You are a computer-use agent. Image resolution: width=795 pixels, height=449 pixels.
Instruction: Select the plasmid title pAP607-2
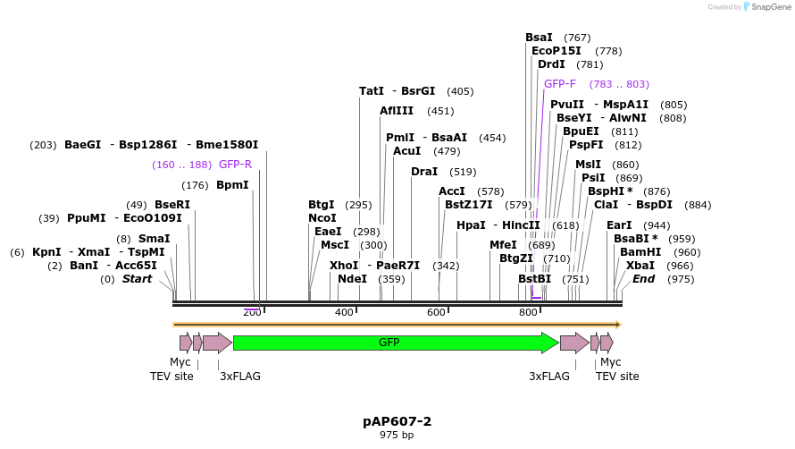click(x=397, y=420)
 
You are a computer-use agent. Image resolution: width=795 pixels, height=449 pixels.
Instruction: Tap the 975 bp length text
click(x=397, y=436)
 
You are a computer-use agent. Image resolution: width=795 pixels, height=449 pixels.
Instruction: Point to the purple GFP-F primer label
click(x=560, y=84)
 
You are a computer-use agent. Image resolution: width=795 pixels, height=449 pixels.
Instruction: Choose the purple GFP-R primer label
click(x=235, y=165)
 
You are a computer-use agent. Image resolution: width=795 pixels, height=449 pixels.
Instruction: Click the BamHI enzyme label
click(x=640, y=252)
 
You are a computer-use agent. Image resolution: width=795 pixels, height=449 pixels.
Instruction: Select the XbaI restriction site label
click(x=640, y=266)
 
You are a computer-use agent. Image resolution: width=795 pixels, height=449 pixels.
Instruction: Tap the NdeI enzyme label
click(x=352, y=279)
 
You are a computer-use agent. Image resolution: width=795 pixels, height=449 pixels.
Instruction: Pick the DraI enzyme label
click(x=425, y=172)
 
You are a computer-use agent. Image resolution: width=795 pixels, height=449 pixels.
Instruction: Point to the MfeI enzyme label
click(x=503, y=245)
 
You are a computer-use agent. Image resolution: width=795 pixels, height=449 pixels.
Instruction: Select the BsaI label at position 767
click(x=539, y=38)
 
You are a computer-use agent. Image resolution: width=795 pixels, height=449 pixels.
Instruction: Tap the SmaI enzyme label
click(x=155, y=239)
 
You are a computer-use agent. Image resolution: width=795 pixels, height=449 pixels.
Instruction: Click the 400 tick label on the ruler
click(x=344, y=312)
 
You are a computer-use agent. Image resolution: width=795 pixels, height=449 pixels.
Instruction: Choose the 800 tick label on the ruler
click(x=528, y=312)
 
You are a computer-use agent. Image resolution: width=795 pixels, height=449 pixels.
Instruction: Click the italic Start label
click(x=137, y=279)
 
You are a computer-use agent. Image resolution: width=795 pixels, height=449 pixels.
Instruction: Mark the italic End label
click(x=643, y=279)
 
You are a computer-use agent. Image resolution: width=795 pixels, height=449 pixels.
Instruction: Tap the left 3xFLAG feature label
click(x=240, y=377)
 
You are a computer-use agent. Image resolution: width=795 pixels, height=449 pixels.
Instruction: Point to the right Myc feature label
click(x=610, y=362)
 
